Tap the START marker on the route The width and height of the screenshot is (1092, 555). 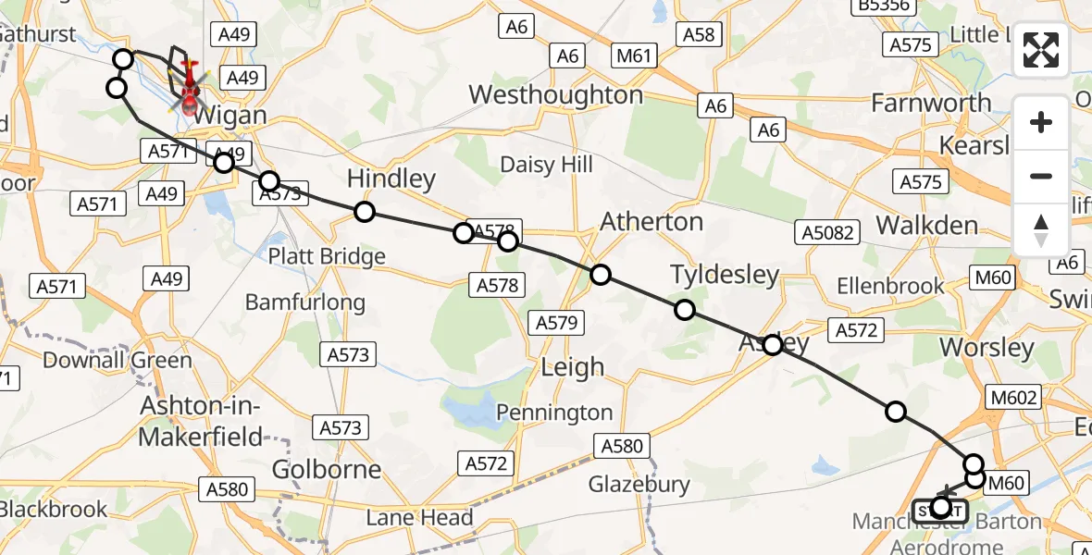point(940,510)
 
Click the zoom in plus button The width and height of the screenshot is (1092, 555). point(1041,122)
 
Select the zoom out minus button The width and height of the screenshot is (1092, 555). point(1041,176)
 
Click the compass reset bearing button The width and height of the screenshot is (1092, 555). point(1041,229)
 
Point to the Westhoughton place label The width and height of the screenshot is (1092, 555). point(555,95)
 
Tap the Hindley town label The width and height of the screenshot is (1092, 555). point(391,179)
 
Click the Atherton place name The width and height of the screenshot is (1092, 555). point(651,222)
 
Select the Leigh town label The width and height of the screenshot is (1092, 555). point(572,367)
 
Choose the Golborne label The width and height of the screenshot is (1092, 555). point(327,469)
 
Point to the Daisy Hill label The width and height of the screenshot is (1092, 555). point(546,165)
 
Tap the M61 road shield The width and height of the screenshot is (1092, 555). point(634,57)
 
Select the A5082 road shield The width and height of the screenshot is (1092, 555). point(827,232)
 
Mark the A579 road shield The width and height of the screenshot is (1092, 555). point(557,323)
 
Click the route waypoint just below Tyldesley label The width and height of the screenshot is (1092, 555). point(685,310)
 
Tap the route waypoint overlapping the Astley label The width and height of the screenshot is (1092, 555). point(772,345)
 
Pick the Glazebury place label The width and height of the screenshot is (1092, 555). point(639,484)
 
